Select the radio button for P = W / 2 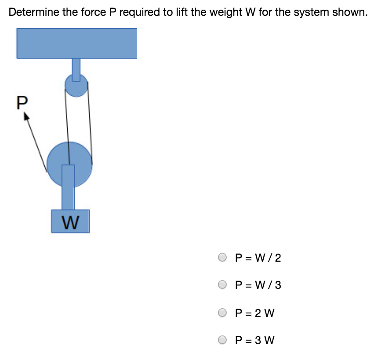(x=223, y=257)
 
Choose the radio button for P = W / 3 (x=223, y=285)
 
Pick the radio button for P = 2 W (x=223, y=313)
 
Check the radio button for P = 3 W (x=223, y=340)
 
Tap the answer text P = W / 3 (x=258, y=285)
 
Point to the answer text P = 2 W (x=255, y=313)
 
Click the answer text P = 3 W (x=255, y=340)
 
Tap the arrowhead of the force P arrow (x=26, y=115)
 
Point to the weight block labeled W (x=70, y=221)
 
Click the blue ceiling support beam (x=76, y=43)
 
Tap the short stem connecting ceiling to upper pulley (x=76, y=68)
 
